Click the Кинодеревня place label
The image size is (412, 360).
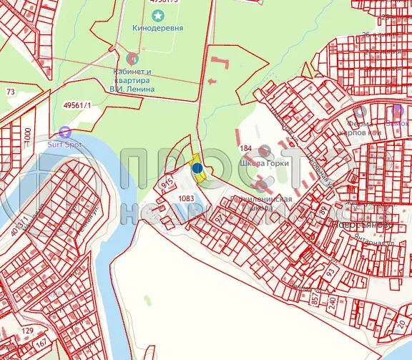(158, 29)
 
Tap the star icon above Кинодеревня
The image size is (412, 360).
(158, 15)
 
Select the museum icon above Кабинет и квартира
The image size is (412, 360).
(131, 57)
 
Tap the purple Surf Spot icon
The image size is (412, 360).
(65, 131)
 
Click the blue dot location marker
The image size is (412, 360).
(197, 169)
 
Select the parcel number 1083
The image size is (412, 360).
(187, 198)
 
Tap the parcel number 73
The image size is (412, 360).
(11, 92)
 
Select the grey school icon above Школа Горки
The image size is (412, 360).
(265, 150)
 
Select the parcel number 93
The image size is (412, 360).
(330, 273)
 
